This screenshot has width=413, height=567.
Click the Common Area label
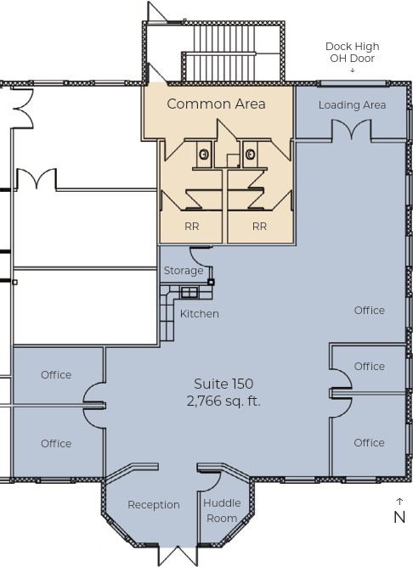click(216, 104)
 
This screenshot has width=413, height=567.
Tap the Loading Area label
click(352, 105)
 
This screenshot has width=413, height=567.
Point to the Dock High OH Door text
click(352, 52)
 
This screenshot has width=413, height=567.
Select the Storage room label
click(184, 271)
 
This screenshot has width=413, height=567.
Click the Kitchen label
click(200, 313)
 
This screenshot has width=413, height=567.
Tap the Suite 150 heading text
click(223, 384)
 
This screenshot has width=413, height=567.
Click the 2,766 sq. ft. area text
click(223, 401)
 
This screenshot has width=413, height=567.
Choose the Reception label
click(154, 505)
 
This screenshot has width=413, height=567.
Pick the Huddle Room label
click(222, 511)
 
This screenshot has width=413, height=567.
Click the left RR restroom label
click(192, 227)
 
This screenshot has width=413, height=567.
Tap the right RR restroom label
click(259, 227)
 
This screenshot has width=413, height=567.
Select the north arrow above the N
click(399, 502)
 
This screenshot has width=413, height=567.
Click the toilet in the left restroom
click(204, 154)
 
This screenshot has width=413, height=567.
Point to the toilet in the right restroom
click(250, 154)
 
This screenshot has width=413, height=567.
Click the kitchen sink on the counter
click(190, 292)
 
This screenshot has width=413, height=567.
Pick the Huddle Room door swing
click(209, 481)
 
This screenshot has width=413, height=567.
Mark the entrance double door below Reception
click(178, 555)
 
